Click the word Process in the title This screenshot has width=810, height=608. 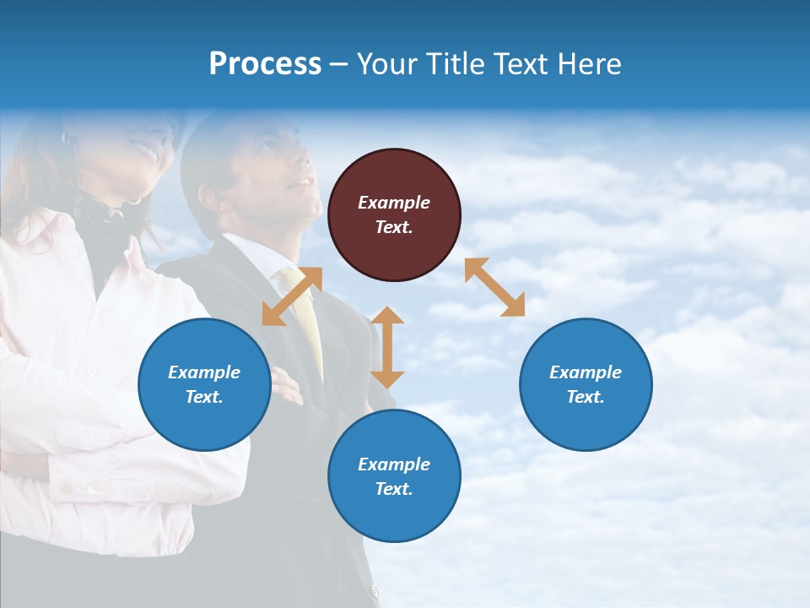(265, 64)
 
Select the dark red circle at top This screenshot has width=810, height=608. (394, 214)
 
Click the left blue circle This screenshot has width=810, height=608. (204, 384)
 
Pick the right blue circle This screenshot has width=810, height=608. (586, 384)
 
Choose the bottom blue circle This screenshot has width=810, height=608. (394, 476)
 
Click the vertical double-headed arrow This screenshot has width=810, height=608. (387, 347)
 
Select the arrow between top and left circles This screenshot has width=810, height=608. (292, 296)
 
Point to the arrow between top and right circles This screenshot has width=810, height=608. (494, 287)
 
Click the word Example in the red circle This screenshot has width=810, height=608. (394, 203)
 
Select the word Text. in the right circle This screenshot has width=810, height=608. (586, 397)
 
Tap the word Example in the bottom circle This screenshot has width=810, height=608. (394, 464)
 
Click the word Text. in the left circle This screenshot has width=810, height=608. (204, 397)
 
